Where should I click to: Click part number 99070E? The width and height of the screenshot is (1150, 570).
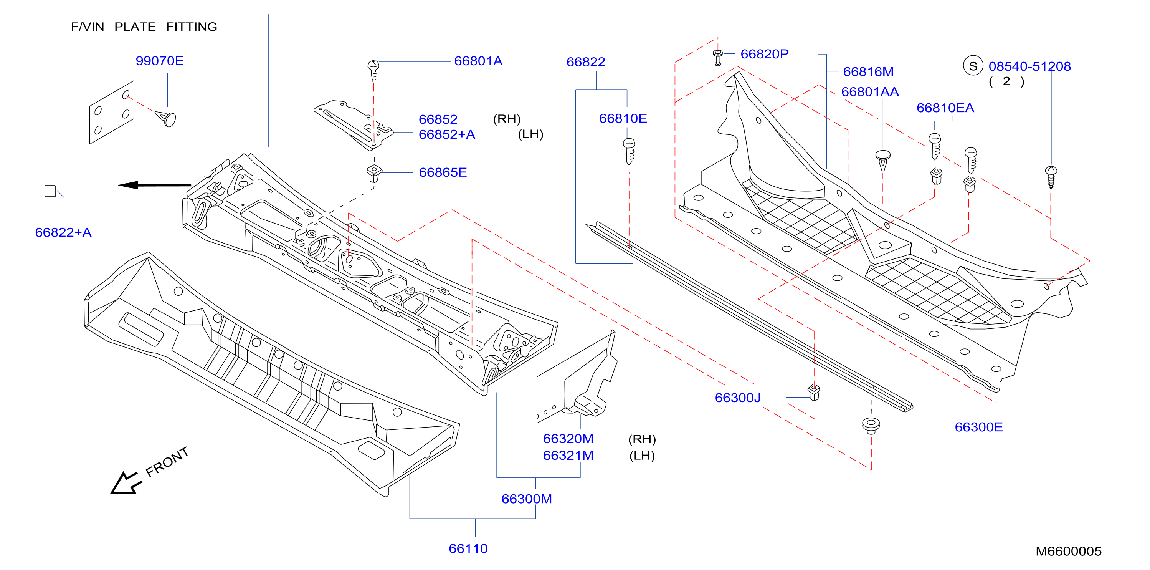(159, 61)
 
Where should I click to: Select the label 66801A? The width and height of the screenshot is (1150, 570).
(478, 61)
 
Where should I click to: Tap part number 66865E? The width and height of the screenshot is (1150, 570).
(443, 172)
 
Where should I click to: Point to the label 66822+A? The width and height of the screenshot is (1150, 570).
(63, 232)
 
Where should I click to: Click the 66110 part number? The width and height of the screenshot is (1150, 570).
(468, 548)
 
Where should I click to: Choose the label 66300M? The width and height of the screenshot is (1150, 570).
(527, 499)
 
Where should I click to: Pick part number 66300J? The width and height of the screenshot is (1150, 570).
(737, 398)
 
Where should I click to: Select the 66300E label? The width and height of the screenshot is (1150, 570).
(978, 427)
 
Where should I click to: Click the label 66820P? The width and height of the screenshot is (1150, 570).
(764, 54)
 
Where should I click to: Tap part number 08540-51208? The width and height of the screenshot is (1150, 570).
(1029, 66)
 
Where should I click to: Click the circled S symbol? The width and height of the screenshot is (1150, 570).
(973, 66)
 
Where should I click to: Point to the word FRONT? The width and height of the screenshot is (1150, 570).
(167, 462)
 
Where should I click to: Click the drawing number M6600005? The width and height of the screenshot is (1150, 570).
(1068, 551)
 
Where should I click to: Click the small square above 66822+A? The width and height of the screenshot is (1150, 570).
(50, 191)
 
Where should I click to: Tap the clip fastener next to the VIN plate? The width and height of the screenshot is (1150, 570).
(166, 118)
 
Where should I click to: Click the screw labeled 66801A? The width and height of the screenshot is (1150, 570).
(373, 71)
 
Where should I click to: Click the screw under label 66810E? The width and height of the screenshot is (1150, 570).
(629, 151)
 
